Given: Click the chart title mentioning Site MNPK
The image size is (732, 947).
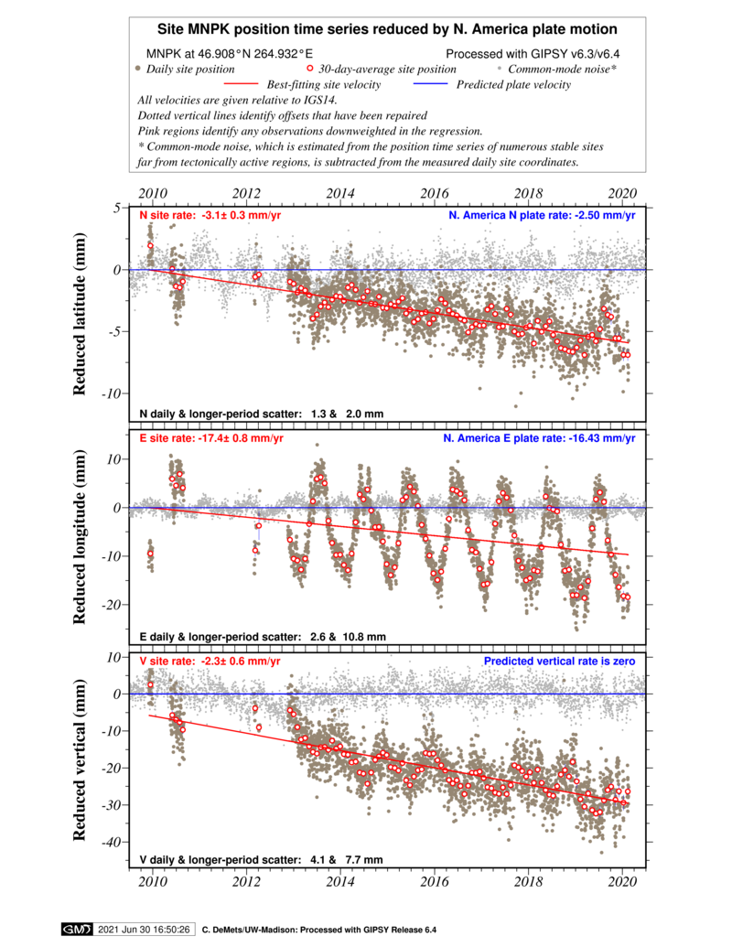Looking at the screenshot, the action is click(387, 29).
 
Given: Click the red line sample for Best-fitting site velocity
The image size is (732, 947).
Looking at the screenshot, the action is click(241, 84).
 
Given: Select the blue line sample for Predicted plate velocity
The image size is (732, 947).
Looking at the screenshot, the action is click(430, 84).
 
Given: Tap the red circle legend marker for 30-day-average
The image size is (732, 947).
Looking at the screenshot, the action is click(310, 69).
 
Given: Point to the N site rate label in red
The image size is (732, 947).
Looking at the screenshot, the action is click(210, 215).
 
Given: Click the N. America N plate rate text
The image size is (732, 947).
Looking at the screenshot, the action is click(542, 215).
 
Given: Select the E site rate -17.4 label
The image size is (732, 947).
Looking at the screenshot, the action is click(211, 438).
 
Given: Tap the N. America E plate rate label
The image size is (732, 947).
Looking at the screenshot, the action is click(539, 438).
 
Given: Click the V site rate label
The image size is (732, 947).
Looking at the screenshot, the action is click(210, 661).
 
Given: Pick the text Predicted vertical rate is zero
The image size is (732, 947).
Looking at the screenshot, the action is click(559, 661).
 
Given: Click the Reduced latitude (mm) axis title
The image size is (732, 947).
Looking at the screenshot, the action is click(79, 314).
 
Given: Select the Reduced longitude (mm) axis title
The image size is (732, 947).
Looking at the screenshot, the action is click(79, 537).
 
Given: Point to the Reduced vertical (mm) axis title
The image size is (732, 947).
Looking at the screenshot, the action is click(79, 759).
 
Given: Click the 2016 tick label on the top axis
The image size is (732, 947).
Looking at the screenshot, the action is click(435, 193).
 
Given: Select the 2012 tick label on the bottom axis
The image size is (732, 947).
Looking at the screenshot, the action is click(246, 882).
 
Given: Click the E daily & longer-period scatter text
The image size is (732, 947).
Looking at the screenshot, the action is click(263, 637).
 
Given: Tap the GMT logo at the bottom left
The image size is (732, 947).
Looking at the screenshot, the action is click(77, 930).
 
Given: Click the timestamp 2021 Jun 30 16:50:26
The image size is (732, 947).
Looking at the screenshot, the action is click(144, 930).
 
